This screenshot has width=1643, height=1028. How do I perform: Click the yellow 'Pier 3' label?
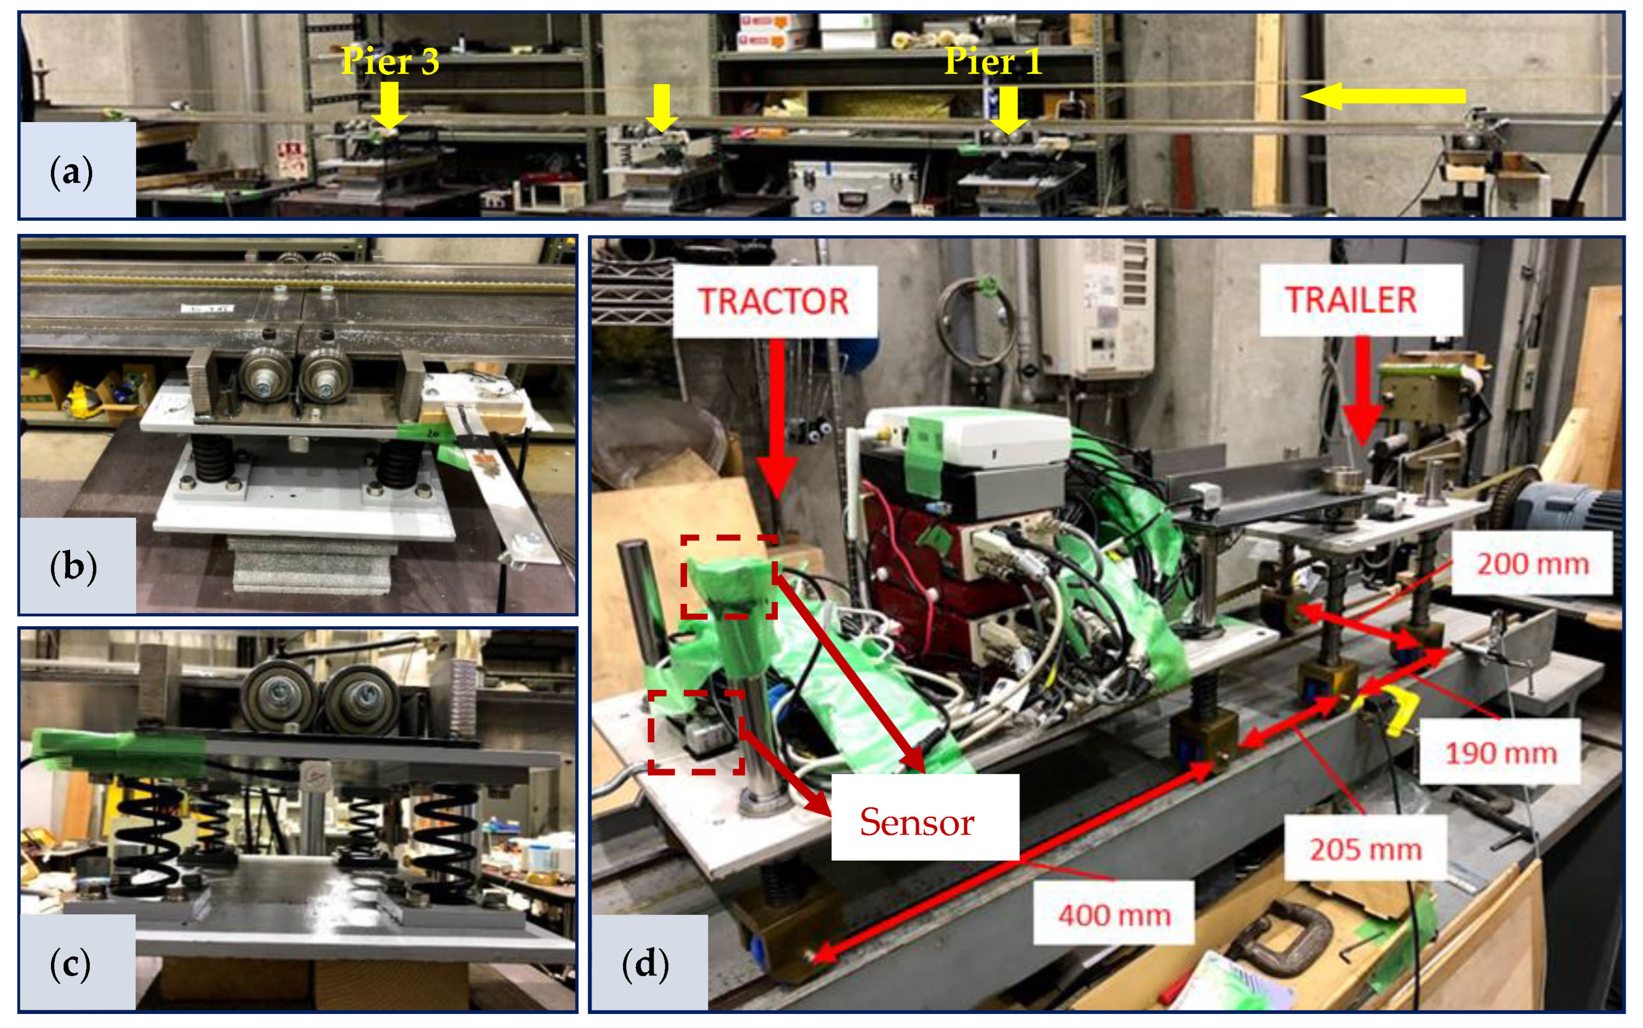(x=390, y=61)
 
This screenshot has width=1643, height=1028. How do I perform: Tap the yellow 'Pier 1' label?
(x=993, y=61)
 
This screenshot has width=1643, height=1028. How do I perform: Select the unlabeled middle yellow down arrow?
(x=661, y=108)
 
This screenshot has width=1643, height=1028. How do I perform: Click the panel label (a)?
(x=71, y=172)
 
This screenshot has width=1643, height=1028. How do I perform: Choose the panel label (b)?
(x=73, y=567)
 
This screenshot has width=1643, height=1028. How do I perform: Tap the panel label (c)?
(x=71, y=964)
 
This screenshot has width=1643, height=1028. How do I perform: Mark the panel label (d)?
(x=645, y=964)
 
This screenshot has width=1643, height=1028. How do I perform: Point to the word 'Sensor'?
(x=917, y=821)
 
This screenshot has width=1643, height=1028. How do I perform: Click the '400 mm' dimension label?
(x=1114, y=915)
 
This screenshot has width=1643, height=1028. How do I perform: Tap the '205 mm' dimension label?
(x=1366, y=849)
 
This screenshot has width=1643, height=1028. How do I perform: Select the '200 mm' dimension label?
(x=1533, y=563)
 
